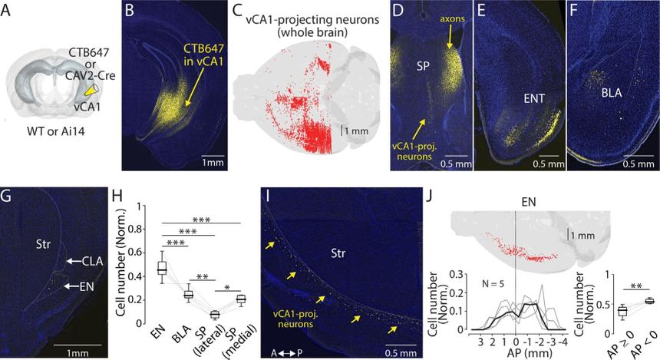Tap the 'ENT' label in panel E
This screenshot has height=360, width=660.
click(512, 97)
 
